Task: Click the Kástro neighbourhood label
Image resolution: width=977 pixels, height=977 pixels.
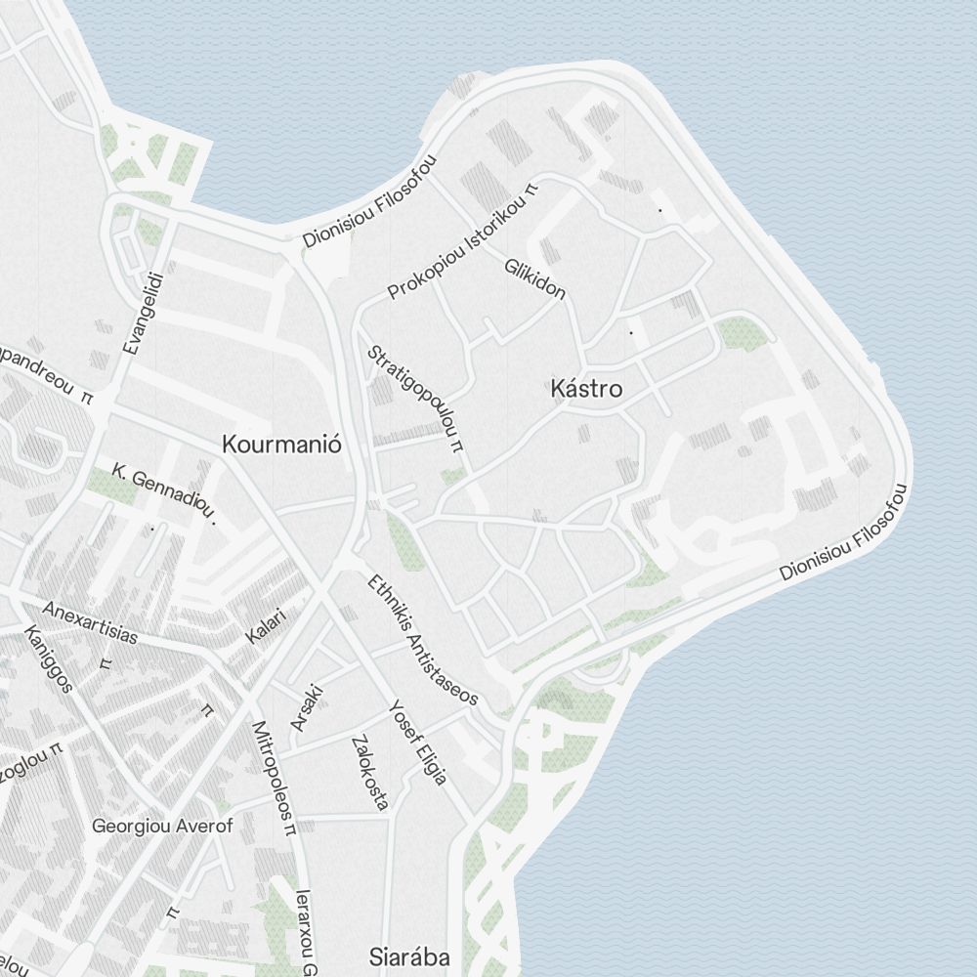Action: [x=586, y=389]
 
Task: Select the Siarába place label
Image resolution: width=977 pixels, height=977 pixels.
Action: [x=409, y=956]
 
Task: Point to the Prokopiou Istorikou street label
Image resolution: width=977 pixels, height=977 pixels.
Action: [x=463, y=240]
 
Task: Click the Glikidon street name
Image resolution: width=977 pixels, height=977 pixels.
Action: [x=534, y=277]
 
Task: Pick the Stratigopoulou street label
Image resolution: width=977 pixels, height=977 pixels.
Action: [x=413, y=398]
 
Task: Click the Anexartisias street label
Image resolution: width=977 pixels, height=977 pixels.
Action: [x=89, y=621]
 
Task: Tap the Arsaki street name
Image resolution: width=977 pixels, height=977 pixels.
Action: [x=306, y=707]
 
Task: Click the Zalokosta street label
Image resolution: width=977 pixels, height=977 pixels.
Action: [x=368, y=772]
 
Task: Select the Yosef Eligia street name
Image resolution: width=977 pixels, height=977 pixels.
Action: [x=417, y=743]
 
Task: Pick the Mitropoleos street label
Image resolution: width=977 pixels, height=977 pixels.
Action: [x=273, y=779]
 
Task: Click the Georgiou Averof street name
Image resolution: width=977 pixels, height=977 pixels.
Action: [x=162, y=827]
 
